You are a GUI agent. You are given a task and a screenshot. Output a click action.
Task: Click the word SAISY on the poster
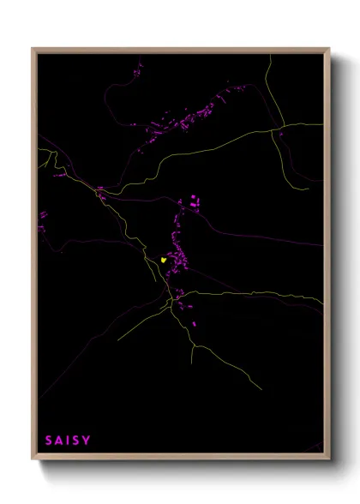tap(68, 441)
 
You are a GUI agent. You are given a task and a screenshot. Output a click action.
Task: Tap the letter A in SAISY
tap(58, 441)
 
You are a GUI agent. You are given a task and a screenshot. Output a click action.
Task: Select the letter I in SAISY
tap(68, 441)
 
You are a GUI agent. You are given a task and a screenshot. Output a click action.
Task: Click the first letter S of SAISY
tap(49, 441)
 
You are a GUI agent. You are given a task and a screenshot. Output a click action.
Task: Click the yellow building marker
tap(163, 259)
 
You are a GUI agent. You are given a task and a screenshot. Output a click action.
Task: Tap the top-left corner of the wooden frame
tap(33, 49)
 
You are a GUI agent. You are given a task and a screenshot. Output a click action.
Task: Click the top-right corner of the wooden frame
tap(329, 49)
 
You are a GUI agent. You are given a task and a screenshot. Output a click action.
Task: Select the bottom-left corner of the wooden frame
tap(33, 459)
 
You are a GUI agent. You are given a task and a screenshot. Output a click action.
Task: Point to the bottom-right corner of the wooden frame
tap(329, 459)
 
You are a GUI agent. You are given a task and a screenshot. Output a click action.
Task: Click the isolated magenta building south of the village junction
tap(194, 324)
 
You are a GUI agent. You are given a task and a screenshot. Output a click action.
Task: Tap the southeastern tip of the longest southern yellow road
tap(254, 382)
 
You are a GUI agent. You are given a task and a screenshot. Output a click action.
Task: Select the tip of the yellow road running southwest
tap(118, 340)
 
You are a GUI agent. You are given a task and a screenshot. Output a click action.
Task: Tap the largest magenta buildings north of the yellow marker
tap(194, 203)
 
